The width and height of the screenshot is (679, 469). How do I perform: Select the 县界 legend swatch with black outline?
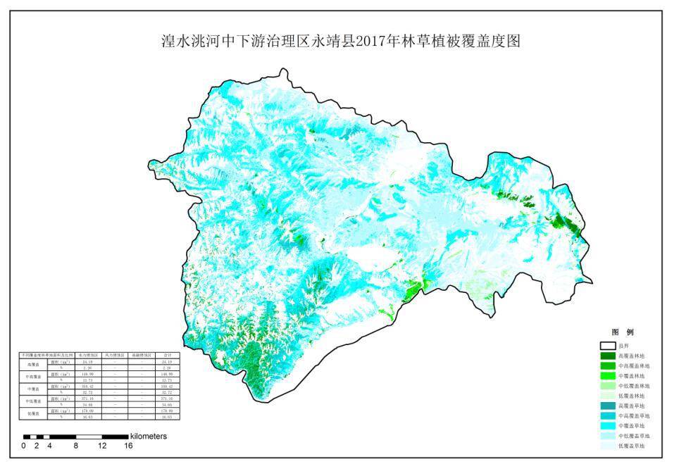coord(607,346)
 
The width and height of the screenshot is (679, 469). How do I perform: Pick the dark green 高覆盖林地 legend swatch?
coord(607,356)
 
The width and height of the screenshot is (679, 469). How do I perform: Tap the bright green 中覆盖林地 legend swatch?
coord(607,376)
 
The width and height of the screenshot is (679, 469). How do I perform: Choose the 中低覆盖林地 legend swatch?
coord(607,386)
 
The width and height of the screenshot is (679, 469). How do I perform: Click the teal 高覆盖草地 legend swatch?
coord(607,406)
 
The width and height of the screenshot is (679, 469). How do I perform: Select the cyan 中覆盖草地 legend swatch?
coord(607,426)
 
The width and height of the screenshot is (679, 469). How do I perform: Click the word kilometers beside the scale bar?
coord(149,437)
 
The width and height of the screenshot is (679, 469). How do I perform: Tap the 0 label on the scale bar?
coord(23,446)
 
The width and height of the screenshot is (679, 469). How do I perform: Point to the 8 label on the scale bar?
coord(76,446)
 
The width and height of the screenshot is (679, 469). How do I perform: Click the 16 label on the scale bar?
coord(128,446)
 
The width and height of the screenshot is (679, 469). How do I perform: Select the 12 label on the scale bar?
coord(102,446)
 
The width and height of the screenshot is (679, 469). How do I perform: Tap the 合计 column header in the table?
coord(168,356)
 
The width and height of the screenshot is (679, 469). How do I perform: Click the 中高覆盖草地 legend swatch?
coord(607,416)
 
